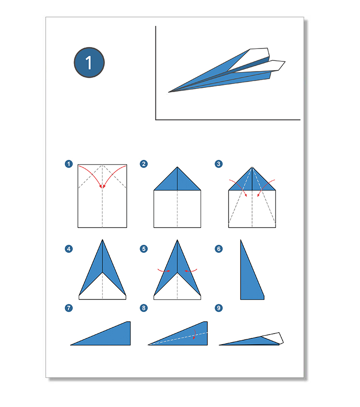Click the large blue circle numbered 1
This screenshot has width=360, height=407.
coord(89,62)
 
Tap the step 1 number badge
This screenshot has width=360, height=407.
coord(69,164)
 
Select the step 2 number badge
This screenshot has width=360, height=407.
coord(144,164)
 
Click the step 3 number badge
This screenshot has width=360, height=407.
coord(218,164)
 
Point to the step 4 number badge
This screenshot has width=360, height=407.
coord(69,249)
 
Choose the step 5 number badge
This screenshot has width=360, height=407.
coord(144,249)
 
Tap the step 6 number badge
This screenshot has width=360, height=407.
coord(218,249)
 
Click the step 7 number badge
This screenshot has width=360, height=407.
coord(69,308)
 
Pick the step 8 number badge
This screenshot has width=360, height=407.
coord(144,308)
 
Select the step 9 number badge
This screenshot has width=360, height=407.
coord(218,308)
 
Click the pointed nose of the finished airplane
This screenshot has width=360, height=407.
coord(168,92)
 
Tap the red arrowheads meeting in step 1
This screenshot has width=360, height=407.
coord(102,186)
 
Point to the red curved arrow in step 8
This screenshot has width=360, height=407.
coord(195,334)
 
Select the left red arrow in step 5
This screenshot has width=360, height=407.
coord(164,271)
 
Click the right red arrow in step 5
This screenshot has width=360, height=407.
coord(191,271)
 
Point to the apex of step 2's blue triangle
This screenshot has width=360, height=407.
coord(177,167)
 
